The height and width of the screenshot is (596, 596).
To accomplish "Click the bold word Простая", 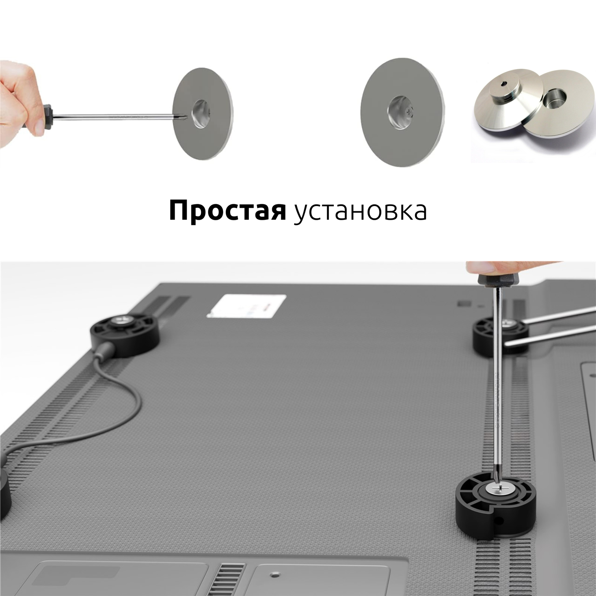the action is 227,211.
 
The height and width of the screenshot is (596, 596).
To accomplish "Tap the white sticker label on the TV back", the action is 247,306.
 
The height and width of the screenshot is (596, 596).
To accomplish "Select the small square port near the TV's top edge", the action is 463,304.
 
